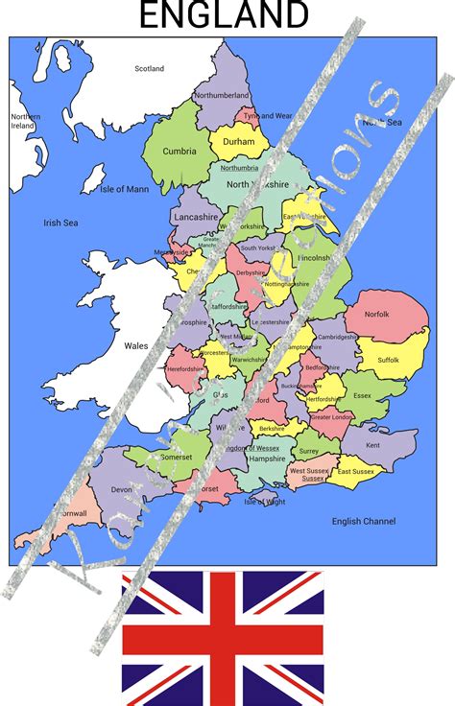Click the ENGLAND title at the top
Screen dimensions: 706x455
pos(225,15)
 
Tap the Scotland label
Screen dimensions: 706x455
pos(149,69)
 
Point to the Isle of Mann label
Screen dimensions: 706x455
pos(125,189)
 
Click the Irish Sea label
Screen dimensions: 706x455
pos(60,223)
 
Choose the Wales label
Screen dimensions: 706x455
pos(134,345)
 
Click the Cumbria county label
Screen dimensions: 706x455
pos(179,151)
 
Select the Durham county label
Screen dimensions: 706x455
pos(238,142)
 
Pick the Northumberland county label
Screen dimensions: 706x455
pos(222,96)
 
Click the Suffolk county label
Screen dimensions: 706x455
pos(388,361)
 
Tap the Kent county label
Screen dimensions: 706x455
pos(372,445)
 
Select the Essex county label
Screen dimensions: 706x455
pos(362,395)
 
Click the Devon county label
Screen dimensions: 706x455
pos(122,489)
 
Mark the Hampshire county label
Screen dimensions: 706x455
pos(267,459)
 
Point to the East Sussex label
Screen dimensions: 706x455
pos(355,472)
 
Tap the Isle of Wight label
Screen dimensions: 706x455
pos(265,501)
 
